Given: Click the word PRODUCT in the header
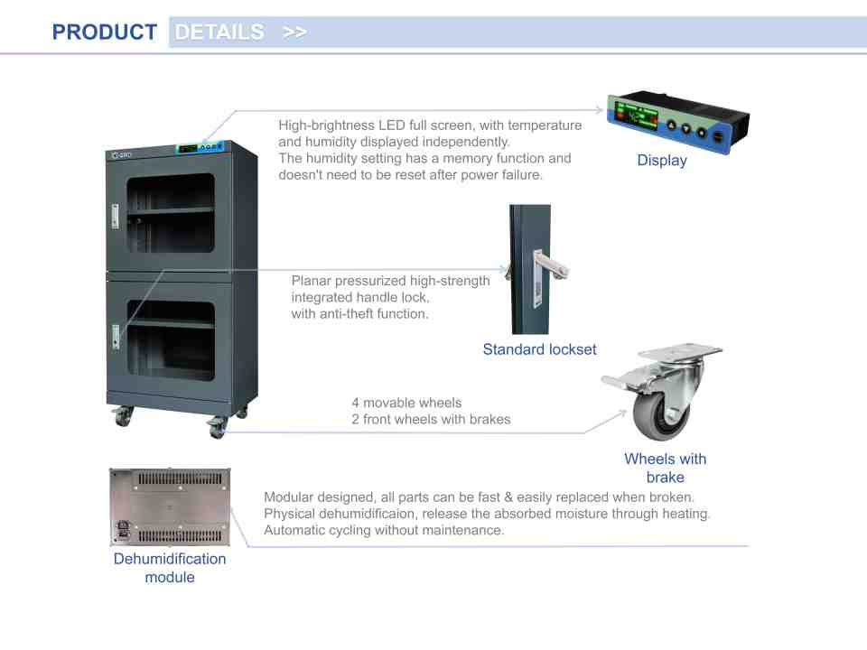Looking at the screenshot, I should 104,32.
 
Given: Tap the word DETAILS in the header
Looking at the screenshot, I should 219,32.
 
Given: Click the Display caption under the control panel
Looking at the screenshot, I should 662,161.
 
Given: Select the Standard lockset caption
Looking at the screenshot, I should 539,349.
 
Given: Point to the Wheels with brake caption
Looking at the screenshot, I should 665,468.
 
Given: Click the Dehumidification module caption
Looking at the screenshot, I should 170,568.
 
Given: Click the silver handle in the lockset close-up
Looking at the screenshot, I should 553,267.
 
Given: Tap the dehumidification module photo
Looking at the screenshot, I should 170,507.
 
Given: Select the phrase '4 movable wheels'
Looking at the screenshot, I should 406,402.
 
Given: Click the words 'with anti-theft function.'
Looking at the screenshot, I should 359,313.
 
